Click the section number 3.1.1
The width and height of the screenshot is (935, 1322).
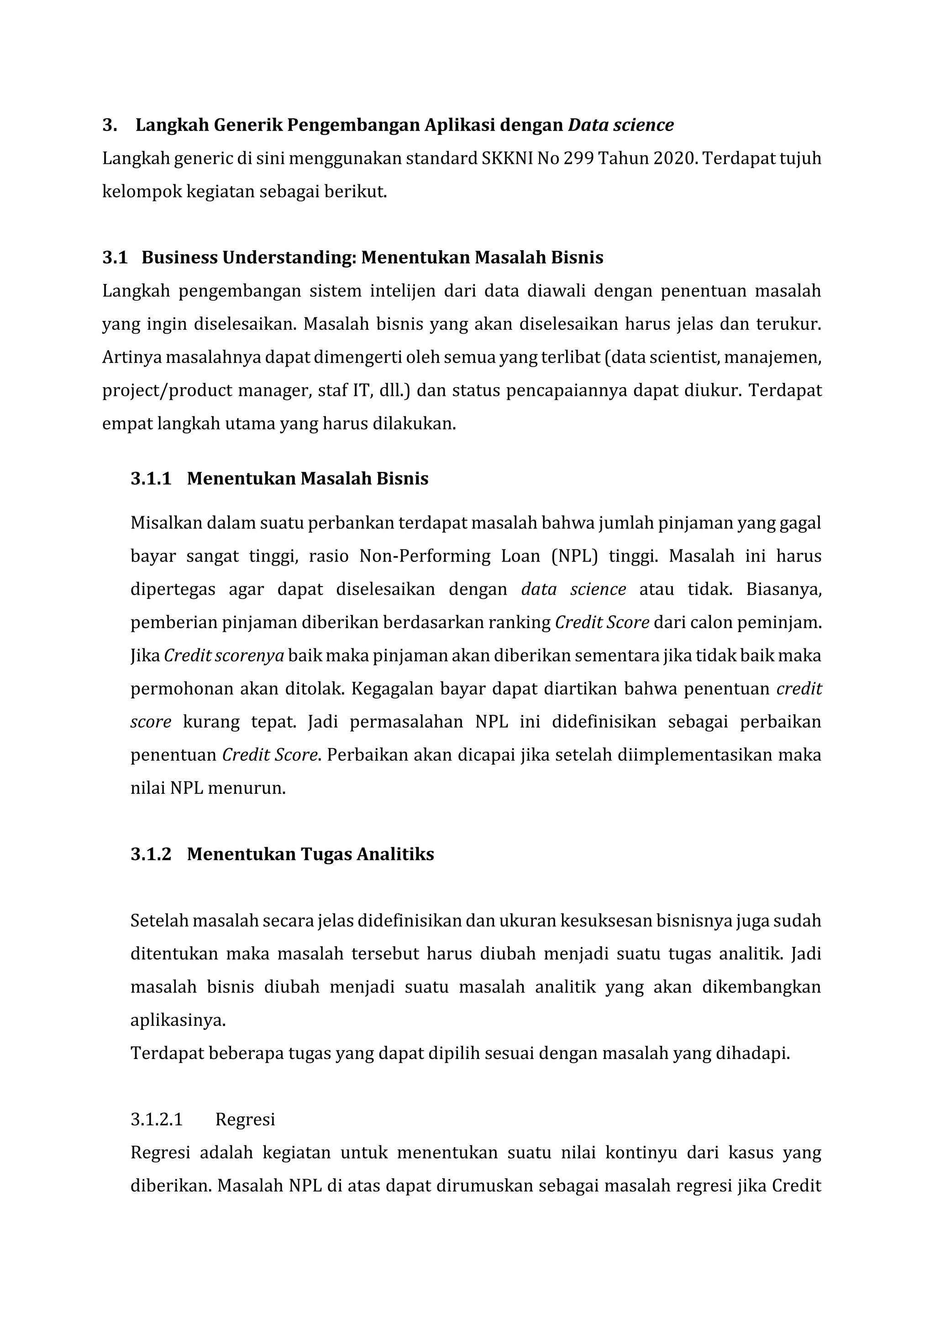click(151, 478)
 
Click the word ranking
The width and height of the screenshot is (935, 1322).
click(527, 622)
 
